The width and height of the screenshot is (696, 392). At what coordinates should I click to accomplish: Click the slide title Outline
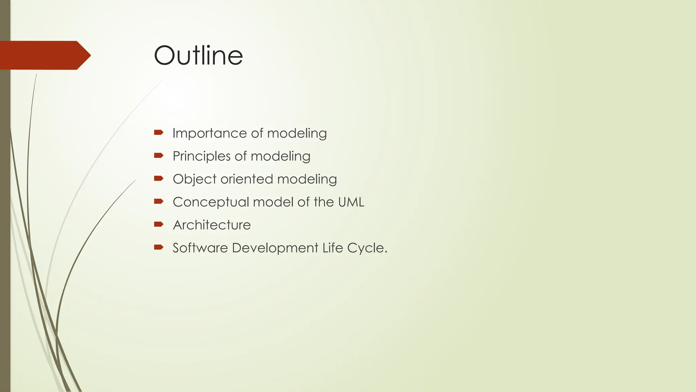(x=198, y=55)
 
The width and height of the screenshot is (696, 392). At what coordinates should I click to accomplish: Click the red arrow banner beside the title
(x=44, y=55)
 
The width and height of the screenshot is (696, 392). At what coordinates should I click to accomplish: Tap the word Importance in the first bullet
(x=201, y=133)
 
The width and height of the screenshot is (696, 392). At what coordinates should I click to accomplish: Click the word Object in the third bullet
(x=194, y=179)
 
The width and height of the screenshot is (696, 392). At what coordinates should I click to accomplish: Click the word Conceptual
(x=211, y=202)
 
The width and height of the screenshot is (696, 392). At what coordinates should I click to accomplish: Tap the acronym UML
(x=351, y=202)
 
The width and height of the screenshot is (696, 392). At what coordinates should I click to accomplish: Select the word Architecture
(x=212, y=225)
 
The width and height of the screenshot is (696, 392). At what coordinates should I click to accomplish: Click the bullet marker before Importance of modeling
(x=159, y=132)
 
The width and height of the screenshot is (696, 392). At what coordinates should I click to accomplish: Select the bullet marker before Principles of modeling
(x=159, y=156)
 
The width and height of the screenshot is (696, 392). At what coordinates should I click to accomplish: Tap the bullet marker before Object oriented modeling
(x=159, y=178)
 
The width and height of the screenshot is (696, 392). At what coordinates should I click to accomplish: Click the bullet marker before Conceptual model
(x=159, y=201)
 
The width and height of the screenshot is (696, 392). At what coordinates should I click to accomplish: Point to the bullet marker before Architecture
(x=159, y=224)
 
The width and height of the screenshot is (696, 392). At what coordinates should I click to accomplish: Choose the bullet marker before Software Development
(x=159, y=247)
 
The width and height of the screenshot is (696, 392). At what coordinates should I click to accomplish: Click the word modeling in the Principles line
(x=280, y=157)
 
